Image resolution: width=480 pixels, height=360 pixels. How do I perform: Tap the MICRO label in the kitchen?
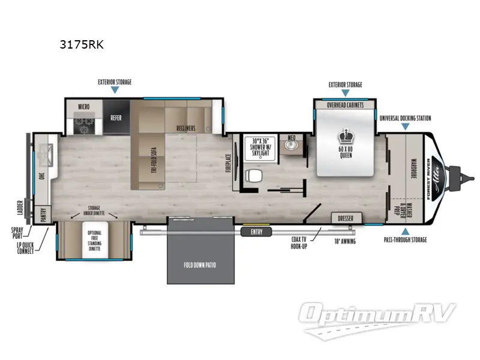tap(84, 107)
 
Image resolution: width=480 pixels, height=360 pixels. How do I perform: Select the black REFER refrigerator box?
tap(116, 118)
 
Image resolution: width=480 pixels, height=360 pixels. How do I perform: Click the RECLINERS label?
tap(187, 128)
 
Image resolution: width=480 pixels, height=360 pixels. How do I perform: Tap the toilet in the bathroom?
tap(254, 175)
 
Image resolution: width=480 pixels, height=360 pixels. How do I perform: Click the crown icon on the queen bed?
tap(345, 134)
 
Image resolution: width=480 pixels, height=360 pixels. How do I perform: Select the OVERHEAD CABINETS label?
tap(345, 104)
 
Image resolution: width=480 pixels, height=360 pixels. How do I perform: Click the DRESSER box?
tap(345, 218)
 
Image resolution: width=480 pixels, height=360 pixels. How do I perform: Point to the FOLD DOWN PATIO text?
tap(201, 264)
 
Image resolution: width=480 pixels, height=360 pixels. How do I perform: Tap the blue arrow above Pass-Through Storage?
tap(405, 231)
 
